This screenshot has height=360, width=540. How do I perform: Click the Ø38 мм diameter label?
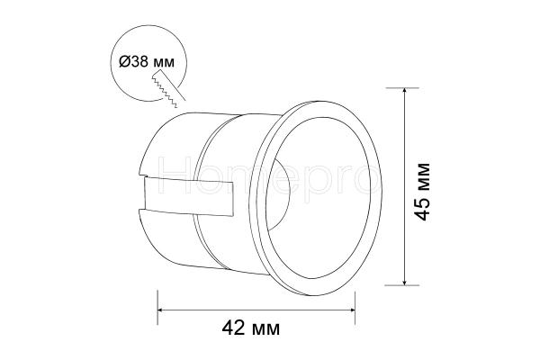(x=147, y=62)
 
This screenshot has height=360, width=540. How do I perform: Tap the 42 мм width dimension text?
(x=251, y=328)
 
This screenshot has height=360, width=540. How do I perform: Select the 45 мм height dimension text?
(x=422, y=192)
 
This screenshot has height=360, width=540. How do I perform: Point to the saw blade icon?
(x=168, y=88)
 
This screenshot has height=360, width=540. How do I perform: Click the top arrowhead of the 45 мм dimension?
(x=405, y=91)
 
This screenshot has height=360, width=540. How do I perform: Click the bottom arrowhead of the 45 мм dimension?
(x=405, y=282)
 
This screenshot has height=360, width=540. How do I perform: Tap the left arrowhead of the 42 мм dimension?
(x=161, y=310)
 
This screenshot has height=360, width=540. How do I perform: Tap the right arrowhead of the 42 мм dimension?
(x=351, y=310)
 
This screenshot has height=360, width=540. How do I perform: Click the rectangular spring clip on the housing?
(x=189, y=196)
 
